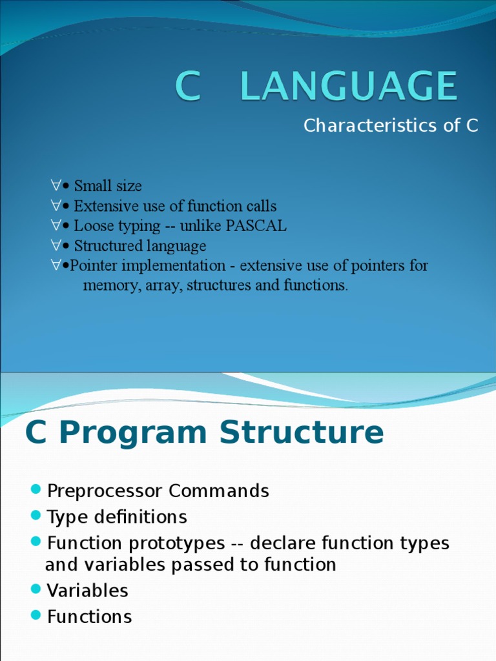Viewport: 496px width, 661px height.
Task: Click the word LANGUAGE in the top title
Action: tap(349, 86)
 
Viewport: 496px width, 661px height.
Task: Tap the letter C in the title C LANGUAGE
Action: tap(188, 86)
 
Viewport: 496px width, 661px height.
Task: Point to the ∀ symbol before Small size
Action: tap(56, 186)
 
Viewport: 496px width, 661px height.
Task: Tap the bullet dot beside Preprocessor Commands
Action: tap(36, 490)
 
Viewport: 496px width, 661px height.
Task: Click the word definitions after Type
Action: tap(136, 517)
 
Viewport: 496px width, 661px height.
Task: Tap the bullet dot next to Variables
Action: tap(36, 590)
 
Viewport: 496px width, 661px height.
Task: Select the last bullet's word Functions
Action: tap(89, 616)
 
